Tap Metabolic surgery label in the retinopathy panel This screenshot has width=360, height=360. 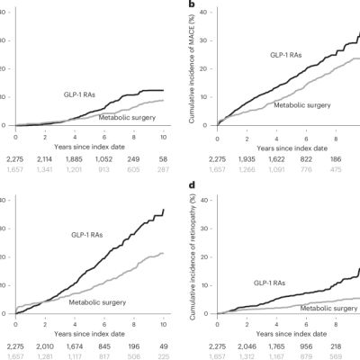(x=321, y=309)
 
